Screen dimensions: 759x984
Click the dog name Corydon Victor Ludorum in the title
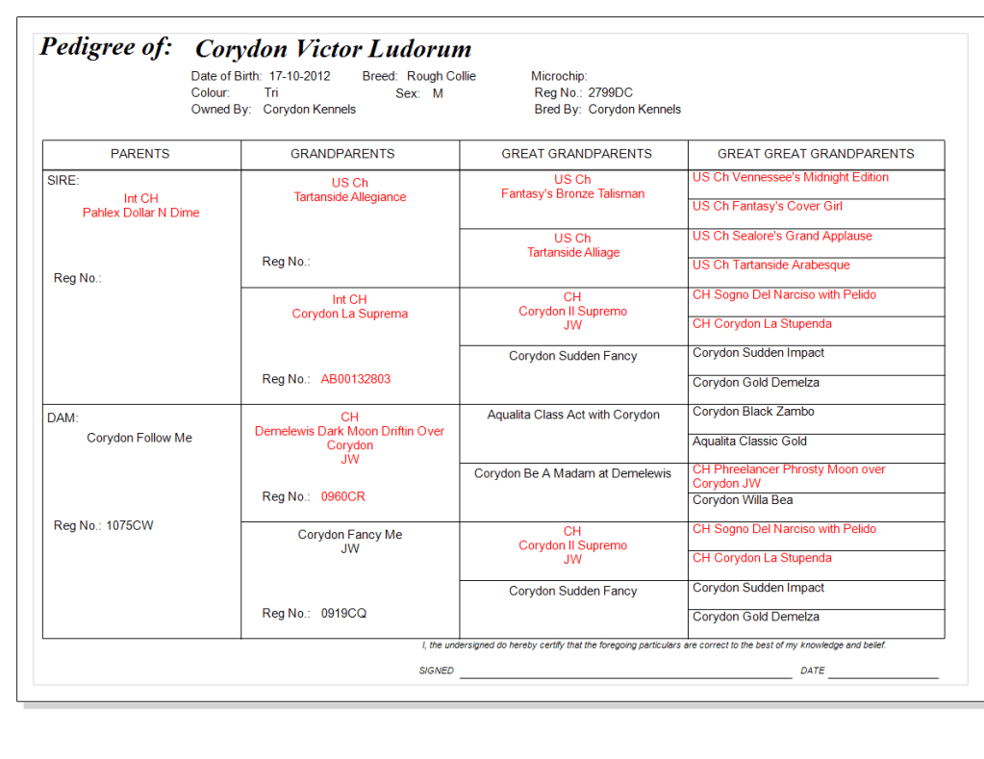point(333,49)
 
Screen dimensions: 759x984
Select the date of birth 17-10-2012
point(299,76)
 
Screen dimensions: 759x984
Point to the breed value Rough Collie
point(441,76)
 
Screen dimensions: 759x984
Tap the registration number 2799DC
point(610,93)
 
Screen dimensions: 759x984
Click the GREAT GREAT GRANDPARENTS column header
point(816,154)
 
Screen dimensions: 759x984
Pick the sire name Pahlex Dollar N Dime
point(141,213)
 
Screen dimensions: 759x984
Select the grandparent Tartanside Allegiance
point(350,197)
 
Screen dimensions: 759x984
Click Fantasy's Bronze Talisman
point(572,193)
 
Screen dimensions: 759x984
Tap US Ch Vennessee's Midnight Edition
point(790,177)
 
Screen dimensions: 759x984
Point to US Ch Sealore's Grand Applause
point(782,236)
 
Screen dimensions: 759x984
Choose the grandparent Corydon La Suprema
point(350,314)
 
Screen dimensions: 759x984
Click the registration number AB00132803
point(356,379)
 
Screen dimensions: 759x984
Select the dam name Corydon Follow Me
point(139,438)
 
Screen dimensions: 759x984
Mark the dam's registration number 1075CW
point(130,525)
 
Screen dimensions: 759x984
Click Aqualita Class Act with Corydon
point(573,415)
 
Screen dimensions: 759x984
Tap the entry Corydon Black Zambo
point(753,412)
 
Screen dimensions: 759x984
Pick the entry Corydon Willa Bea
point(743,500)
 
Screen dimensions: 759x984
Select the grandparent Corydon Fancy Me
point(350,535)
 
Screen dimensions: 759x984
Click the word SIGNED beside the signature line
point(436,670)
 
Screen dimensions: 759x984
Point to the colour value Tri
point(271,93)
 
